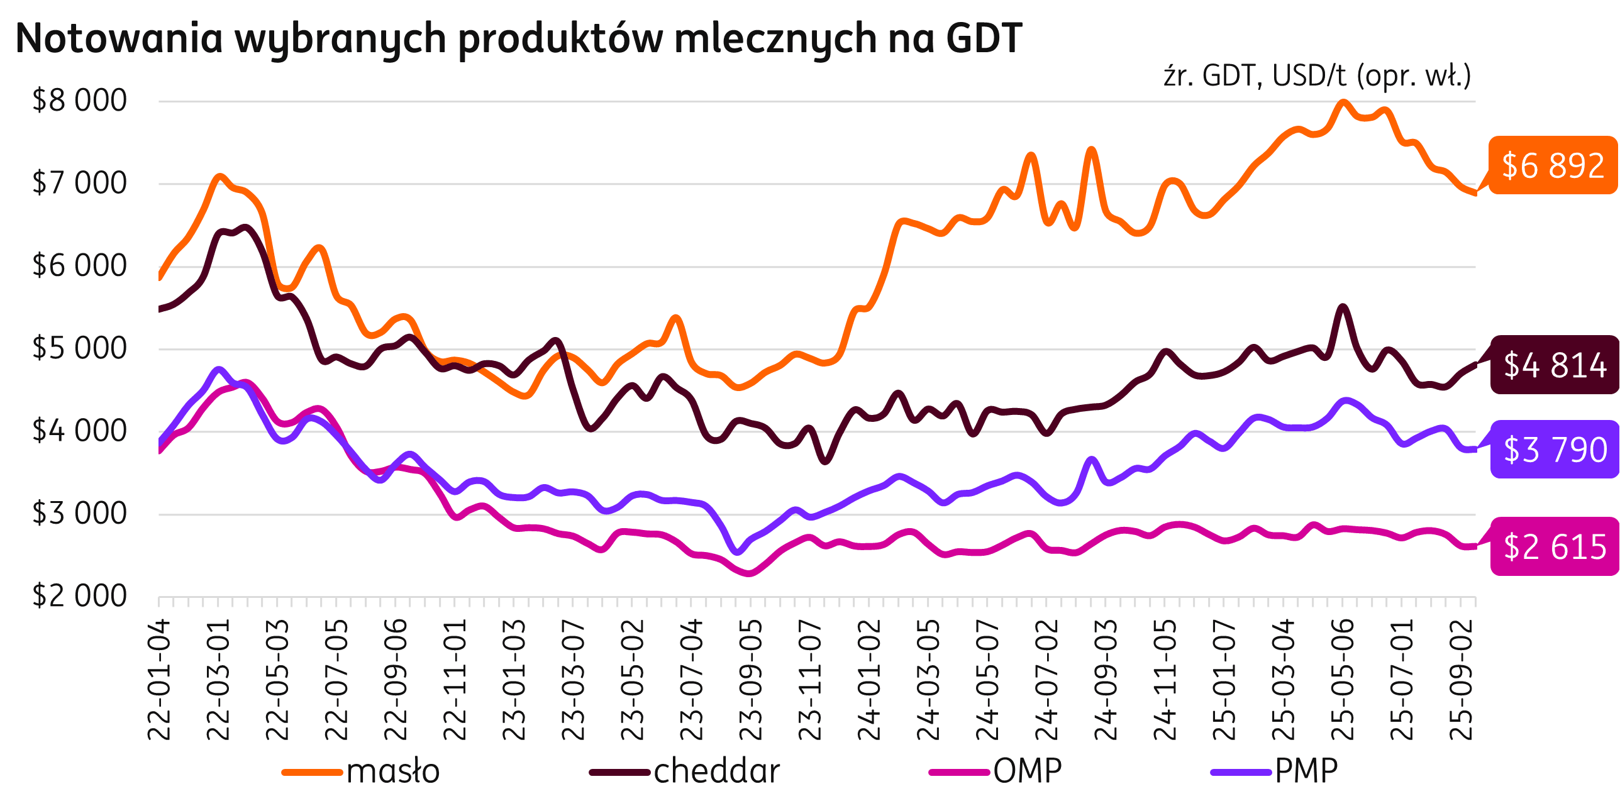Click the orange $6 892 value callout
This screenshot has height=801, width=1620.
point(1552,165)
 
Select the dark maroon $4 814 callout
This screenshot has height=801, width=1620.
point(1554,365)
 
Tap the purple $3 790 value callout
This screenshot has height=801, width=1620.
point(1554,450)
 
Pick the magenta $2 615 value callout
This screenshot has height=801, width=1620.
point(1554,546)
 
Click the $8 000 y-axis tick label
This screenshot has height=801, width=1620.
point(80,101)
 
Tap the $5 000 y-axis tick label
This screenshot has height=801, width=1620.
point(80,348)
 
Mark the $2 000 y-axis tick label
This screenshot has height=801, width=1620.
point(80,596)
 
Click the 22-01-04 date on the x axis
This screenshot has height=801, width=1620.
point(158,679)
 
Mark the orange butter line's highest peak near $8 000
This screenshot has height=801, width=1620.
point(1343,102)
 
